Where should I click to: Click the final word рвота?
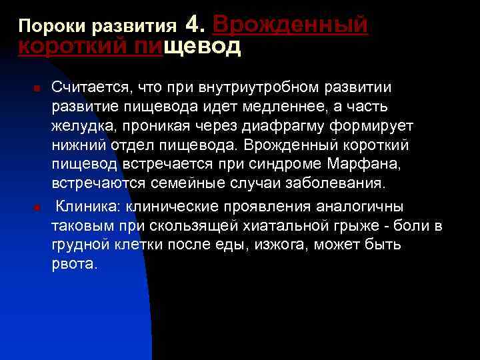[x=75, y=263]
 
